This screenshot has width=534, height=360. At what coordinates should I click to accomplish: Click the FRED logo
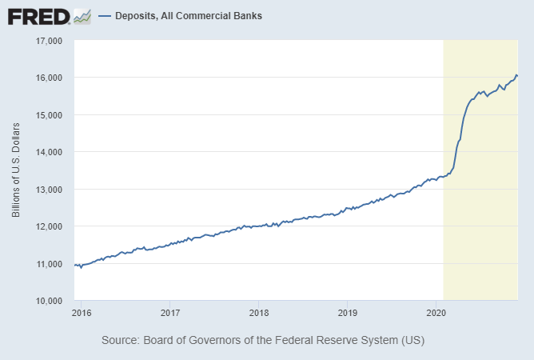[38, 16]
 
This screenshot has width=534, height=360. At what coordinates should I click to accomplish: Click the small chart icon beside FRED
[82, 16]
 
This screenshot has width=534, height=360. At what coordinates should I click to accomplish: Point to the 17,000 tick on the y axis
[50, 41]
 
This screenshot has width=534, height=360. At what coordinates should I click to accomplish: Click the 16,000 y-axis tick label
[50, 78]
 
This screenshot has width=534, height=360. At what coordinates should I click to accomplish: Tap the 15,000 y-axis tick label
[50, 115]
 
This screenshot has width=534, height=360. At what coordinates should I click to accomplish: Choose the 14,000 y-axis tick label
[50, 152]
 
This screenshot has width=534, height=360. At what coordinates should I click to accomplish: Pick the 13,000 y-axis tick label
[50, 190]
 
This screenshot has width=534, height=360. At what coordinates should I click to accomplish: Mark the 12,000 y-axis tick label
[50, 226]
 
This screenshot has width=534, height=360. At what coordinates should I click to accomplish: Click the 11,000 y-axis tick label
[50, 264]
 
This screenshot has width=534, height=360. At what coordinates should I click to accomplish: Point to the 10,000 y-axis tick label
[50, 301]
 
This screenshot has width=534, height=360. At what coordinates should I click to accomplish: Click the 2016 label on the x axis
[81, 312]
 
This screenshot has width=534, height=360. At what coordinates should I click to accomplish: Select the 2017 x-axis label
[169, 312]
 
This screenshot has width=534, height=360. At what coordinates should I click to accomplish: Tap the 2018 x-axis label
[258, 312]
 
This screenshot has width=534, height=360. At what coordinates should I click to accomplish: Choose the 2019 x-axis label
[346, 312]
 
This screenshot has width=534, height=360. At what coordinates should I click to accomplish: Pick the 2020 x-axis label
[436, 312]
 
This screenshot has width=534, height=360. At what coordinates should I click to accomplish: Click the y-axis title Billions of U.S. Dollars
[16, 170]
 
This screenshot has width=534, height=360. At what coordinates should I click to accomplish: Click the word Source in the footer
[120, 340]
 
